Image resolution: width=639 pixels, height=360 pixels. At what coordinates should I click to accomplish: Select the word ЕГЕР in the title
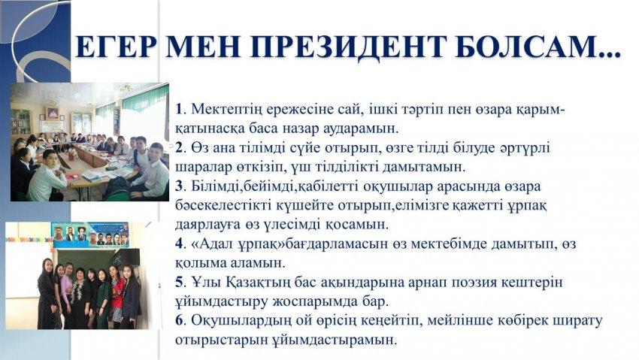coord(116,47)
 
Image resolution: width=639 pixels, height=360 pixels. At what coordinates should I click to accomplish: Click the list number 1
coord(178,109)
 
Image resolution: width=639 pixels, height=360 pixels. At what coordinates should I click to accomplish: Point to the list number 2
coord(179,147)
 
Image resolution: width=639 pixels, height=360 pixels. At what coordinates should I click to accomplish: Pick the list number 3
coord(179,186)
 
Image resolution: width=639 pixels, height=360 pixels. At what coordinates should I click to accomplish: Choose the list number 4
coord(179,244)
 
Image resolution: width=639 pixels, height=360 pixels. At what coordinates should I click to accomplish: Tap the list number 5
coord(179,282)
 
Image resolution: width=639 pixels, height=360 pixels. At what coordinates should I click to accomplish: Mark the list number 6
coord(179,320)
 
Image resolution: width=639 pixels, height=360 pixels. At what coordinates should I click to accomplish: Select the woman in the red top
coord(117,298)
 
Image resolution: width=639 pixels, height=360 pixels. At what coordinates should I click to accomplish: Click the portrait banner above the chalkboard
coord(90,234)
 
